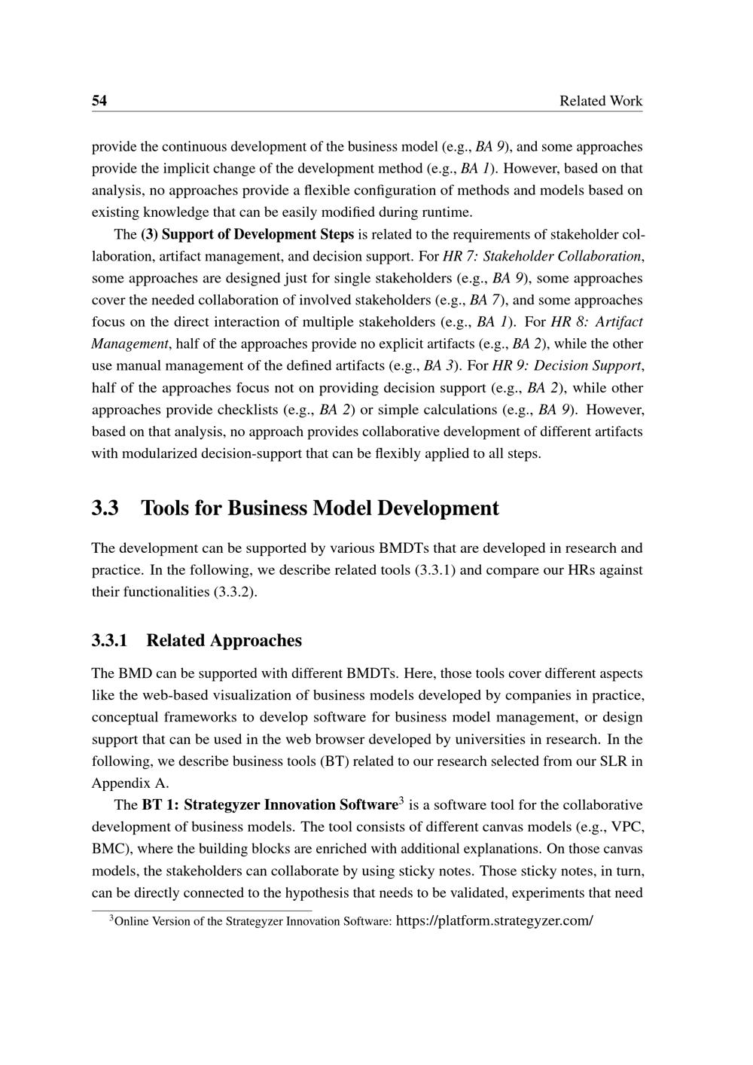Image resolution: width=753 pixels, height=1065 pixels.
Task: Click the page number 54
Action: [x=99, y=101]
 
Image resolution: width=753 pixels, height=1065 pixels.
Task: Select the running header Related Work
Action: [x=601, y=101]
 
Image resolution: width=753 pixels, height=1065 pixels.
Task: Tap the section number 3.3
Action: [x=105, y=508]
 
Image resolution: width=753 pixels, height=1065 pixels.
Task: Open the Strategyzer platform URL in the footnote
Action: [x=494, y=920]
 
